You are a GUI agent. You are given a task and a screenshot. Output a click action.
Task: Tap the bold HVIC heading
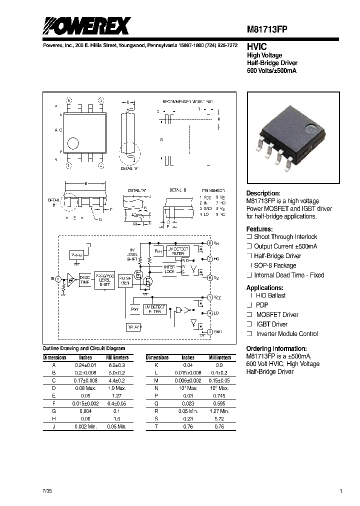click(256, 46)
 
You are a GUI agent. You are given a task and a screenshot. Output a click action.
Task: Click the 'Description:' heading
click(263, 193)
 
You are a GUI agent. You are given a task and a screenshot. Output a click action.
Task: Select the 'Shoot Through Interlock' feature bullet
click(285, 237)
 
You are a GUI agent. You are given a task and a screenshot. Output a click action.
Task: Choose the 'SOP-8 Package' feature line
click(275, 265)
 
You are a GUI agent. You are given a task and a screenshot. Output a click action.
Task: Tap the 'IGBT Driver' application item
click(272, 324)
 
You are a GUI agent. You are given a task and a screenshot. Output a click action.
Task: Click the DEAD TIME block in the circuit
click(84, 280)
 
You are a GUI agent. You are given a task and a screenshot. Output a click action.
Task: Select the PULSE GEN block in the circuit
click(125, 280)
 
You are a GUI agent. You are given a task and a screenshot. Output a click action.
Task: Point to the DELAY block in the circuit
click(133, 327)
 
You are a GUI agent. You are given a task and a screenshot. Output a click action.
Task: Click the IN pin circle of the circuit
click(58, 278)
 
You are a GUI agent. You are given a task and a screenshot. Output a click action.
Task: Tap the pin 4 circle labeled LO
click(210, 313)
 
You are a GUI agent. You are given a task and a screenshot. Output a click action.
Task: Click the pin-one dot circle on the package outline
click(73, 142)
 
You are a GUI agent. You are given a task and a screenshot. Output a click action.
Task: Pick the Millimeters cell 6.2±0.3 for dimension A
click(117, 365)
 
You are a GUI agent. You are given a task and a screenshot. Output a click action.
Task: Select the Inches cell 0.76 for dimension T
click(188, 426)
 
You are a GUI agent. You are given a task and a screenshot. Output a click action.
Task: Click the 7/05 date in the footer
click(47, 491)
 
